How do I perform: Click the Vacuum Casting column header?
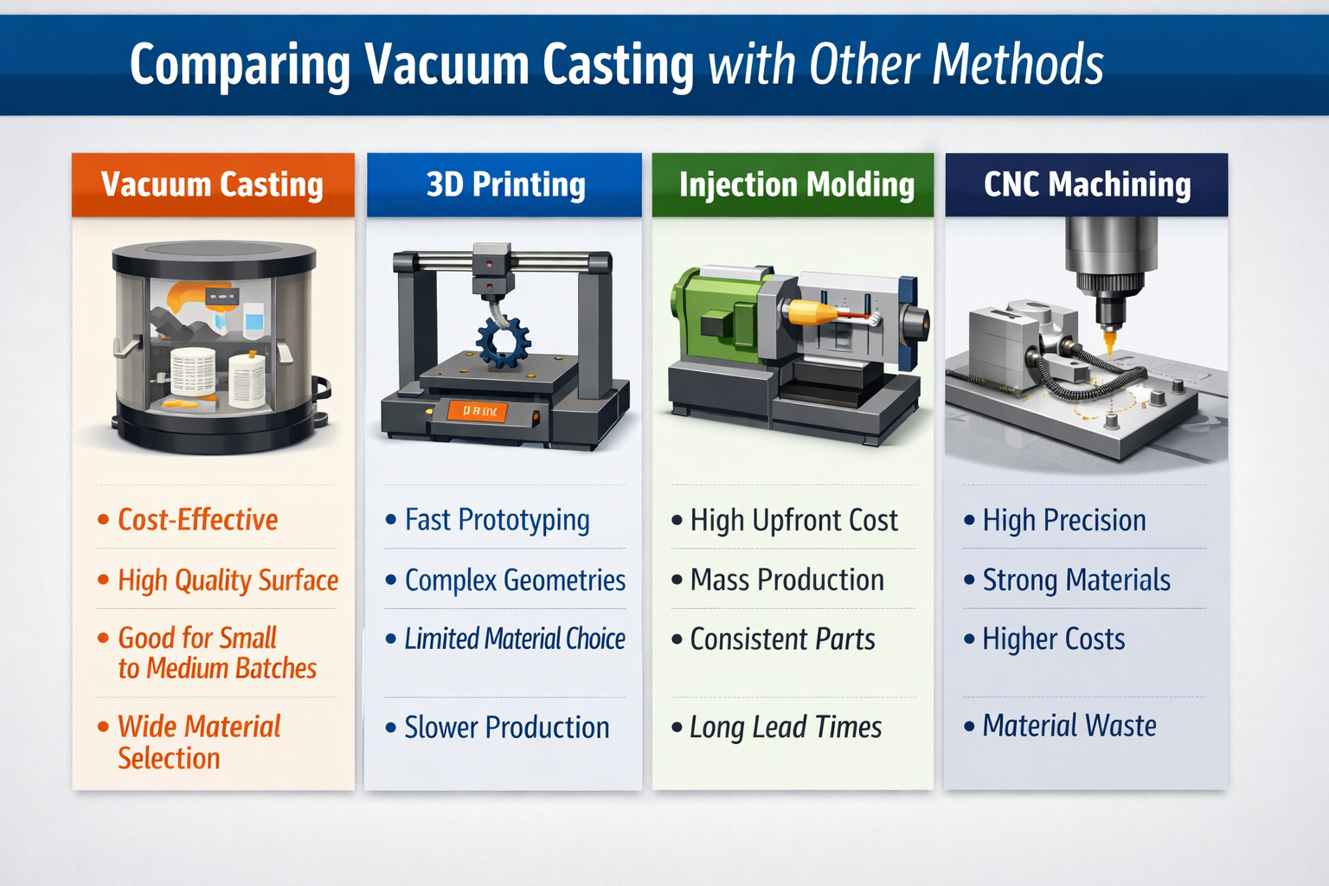(212, 184)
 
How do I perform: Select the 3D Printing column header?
(505, 184)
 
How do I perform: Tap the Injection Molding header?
(796, 184)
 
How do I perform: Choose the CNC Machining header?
(1087, 184)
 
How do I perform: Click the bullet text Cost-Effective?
(197, 520)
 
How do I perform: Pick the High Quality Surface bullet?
(228, 580)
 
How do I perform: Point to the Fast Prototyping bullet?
(497, 520)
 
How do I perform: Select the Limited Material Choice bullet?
(515, 639)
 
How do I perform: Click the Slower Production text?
(507, 728)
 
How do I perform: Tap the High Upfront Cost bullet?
(793, 520)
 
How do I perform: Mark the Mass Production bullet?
(786, 580)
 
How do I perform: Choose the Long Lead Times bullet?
(785, 728)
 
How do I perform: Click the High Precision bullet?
(1064, 520)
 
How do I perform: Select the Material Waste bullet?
(1069, 726)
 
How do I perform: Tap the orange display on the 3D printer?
(478, 412)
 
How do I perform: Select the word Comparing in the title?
(240, 66)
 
